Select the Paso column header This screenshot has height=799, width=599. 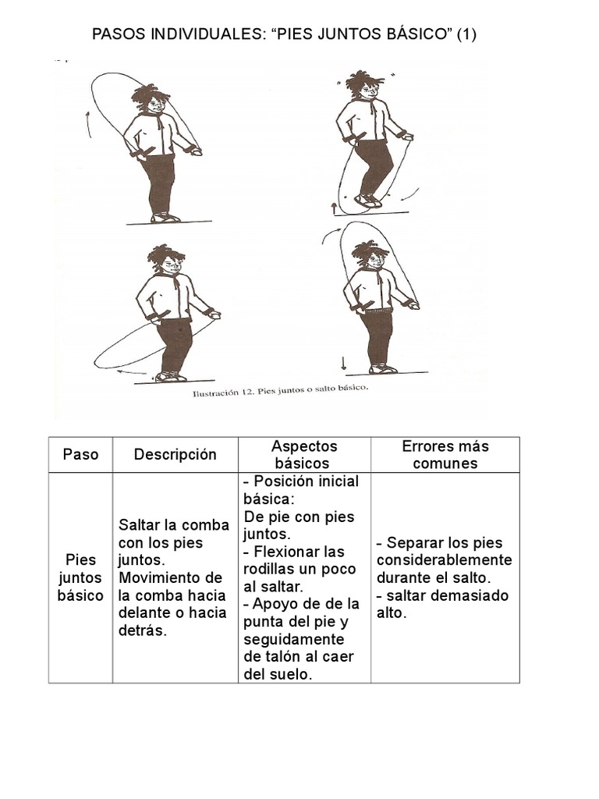click(x=80, y=454)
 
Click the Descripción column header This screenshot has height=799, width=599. click(x=175, y=454)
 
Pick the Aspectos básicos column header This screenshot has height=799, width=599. click(x=304, y=454)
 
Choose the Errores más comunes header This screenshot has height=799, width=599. click(x=445, y=454)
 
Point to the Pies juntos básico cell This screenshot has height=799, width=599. click(x=80, y=577)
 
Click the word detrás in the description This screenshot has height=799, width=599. click(x=143, y=630)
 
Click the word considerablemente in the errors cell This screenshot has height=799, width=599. click(x=444, y=560)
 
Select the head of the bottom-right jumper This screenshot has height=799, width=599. click(x=370, y=256)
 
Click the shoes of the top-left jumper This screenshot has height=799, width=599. click(x=165, y=218)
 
